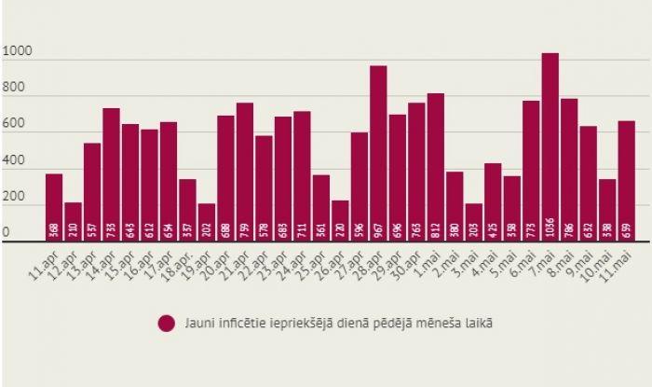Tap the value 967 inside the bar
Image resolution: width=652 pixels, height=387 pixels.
pos(378,229)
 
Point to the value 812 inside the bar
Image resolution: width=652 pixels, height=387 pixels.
pos(435,229)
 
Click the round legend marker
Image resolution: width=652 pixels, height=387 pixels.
pos(167,323)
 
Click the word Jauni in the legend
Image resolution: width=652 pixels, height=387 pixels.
pos(198,323)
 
